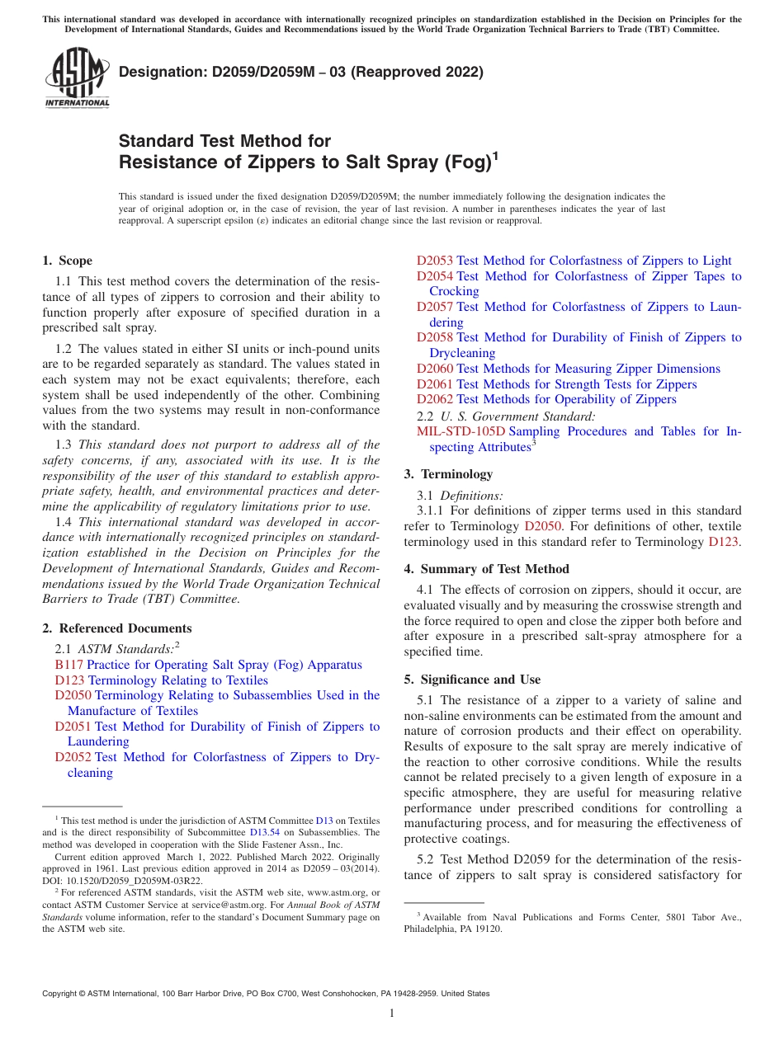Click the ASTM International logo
[x=76, y=78]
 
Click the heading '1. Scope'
[x=67, y=261]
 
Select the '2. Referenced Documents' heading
[x=116, y=628]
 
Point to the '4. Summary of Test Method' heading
[x=486, y=569]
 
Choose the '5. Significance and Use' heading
[x=472, y=680]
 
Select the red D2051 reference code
[x=73, y=727]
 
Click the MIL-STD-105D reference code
[x=460, y=431]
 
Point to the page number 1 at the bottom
[x=392, y=1014]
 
